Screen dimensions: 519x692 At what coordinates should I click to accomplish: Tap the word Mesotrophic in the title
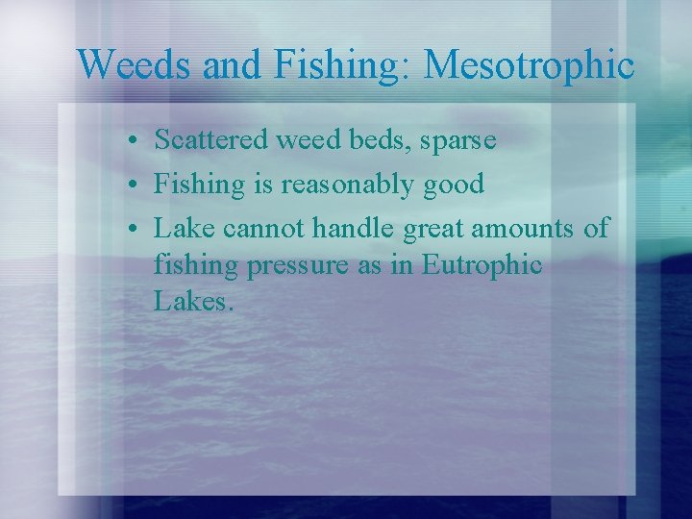tap(529, 64)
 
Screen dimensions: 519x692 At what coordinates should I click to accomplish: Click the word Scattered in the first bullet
tap(211, 140)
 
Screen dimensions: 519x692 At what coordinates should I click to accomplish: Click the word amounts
tap(520, 228)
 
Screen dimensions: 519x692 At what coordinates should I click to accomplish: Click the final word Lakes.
tap(192, 303)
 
